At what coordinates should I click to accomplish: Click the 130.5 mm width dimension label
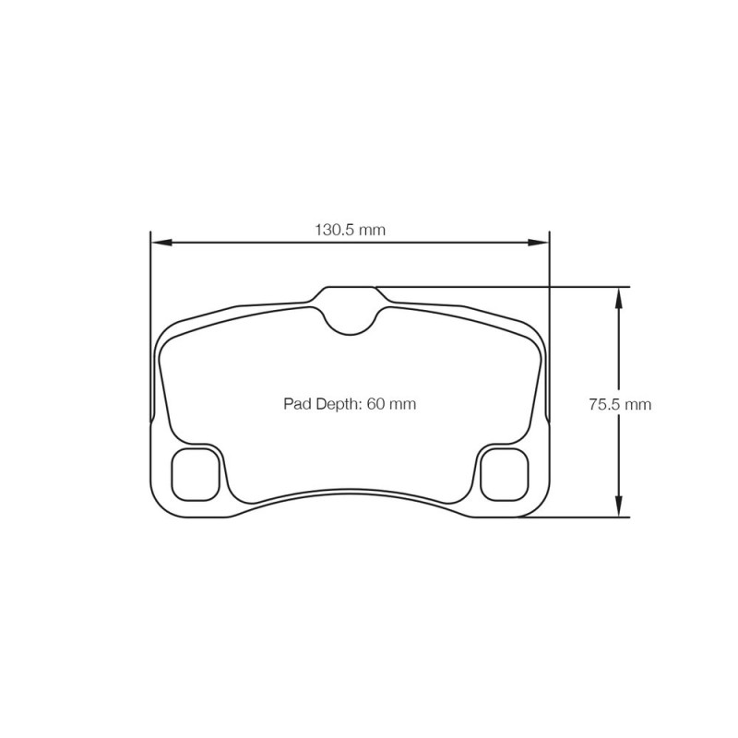pos(350,230)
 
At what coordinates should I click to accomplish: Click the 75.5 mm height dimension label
pos(620,404)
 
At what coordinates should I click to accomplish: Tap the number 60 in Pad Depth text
pos(376,404)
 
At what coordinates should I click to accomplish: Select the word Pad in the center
pos(294,404)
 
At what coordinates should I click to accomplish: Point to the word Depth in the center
pos(335,404)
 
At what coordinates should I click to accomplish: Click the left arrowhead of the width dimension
pos(161,243)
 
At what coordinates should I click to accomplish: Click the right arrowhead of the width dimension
pos(540,243)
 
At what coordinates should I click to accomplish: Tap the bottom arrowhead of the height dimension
pos(619,507)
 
